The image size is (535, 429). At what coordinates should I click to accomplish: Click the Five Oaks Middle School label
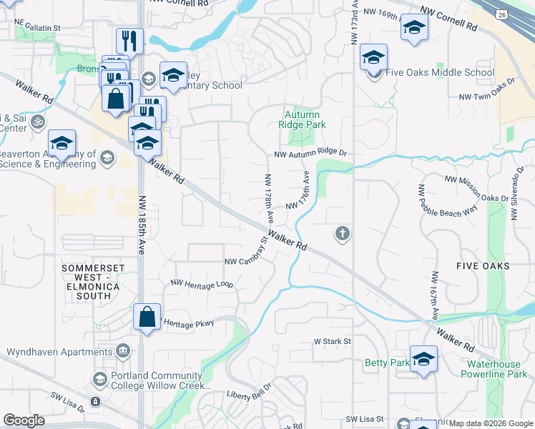[x=439, y=73]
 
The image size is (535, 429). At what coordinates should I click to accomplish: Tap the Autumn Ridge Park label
[x=305, y=119]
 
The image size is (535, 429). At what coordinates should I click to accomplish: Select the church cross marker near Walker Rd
[x=343, y=234]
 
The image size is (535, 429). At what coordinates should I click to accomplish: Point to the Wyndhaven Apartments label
[x=60, y=352]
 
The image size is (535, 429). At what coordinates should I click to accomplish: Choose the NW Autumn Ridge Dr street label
[x=310, y=153]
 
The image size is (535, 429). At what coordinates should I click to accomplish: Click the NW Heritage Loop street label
[x=202, y=283]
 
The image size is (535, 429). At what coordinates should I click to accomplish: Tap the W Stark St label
[x=332, y=342]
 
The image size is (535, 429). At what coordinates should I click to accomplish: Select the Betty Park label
[x=387, y=363]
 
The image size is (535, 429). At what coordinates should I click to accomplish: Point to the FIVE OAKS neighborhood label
[x=482, y=265]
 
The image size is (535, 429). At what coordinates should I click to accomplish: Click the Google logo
[x=24, y=420]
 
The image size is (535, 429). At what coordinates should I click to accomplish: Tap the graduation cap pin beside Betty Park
[x=423, y=360]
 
